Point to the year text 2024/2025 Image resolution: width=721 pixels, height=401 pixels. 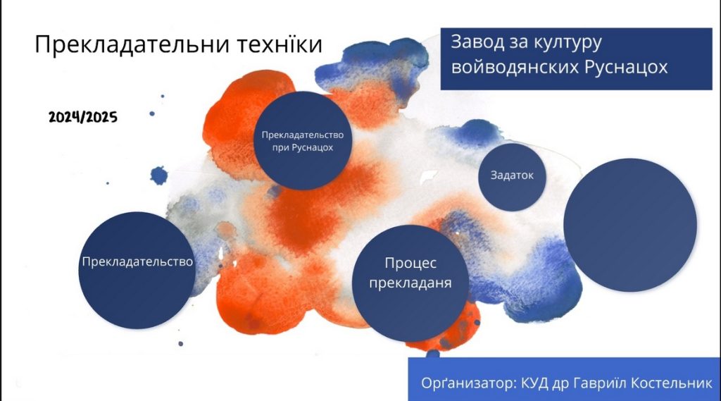click(83, 118)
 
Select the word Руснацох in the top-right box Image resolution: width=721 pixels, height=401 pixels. click(626, 67)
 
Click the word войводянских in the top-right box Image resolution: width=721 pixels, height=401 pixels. click(515, 67)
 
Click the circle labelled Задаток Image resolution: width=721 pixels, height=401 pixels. click(512, 177)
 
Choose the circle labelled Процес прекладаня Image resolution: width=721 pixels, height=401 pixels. click(410, 283)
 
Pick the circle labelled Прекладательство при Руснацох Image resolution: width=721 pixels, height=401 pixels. click(303, 140)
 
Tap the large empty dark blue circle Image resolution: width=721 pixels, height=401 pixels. click(630, 225)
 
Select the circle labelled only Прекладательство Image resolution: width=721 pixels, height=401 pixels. click(137, 270)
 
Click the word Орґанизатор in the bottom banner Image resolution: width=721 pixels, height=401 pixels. click(470, 383)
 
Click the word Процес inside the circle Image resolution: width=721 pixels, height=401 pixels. click(410, 264)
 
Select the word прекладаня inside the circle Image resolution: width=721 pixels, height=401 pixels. click(410, 283)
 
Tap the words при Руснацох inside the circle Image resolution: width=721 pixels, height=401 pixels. click(303, 148)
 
